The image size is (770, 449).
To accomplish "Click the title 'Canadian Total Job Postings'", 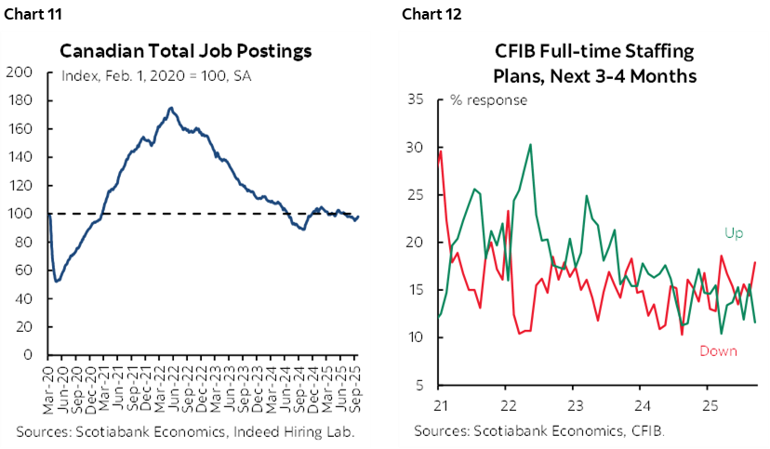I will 186,50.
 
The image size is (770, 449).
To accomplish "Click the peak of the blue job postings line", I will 169,108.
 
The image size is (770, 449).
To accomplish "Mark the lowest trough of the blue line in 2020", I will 57,281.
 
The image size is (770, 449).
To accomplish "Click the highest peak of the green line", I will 530,144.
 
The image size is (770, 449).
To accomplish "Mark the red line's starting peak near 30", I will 440,152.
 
